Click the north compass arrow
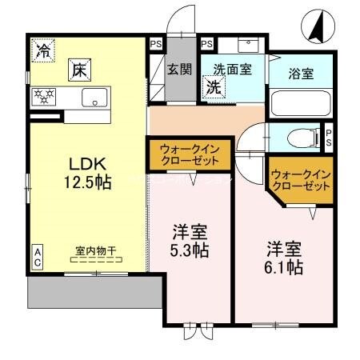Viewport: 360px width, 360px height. (x=314, y=28)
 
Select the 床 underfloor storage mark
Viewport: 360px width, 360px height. (x=79, y=70)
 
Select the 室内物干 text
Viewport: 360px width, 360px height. (x=96, y=250)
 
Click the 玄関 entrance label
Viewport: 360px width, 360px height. (x=178, y=69)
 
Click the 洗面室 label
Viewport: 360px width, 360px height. (x=232, y=69)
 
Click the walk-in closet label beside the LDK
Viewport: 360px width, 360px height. (x=190, y=154)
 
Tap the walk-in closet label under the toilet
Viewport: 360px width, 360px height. (x=301, y=180)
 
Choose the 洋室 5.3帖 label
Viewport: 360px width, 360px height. (x=191, y=242)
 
